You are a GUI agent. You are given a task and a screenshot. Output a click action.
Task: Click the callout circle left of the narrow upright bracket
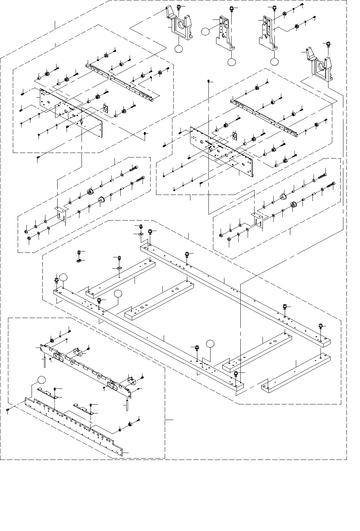click(205, 31)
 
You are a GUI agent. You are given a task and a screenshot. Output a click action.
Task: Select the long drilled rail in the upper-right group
click(264, 116)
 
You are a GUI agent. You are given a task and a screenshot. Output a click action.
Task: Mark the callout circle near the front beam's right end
click(210, 344)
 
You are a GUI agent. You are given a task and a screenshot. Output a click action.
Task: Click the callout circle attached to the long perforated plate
click(41, 379)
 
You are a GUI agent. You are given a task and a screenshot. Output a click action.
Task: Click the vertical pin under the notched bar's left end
click(45, 362)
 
